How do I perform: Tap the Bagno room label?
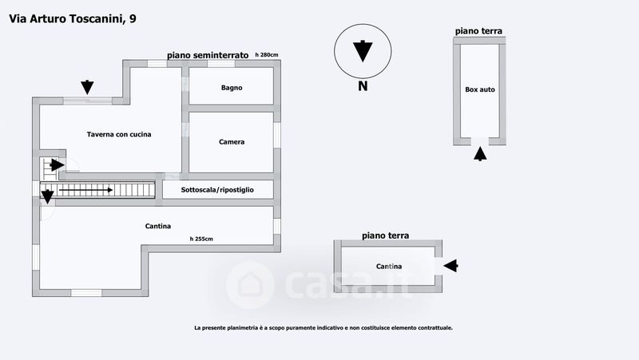232,88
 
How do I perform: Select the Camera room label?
232,142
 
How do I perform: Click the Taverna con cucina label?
119,134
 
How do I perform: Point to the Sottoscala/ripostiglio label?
217,190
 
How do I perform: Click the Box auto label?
480,89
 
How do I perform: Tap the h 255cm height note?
201,239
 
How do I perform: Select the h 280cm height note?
267,55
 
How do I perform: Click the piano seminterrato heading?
208,55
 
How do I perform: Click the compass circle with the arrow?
363,50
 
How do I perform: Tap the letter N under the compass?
363,86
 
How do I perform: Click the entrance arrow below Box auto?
479,154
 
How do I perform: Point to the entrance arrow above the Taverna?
87,86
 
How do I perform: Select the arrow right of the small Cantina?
450,266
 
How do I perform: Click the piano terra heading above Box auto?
479,31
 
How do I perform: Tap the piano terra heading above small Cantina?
385,235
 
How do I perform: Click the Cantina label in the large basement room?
158,227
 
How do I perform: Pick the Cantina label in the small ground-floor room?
389,267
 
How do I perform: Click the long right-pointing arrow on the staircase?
85,190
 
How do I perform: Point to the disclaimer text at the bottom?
323,327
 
